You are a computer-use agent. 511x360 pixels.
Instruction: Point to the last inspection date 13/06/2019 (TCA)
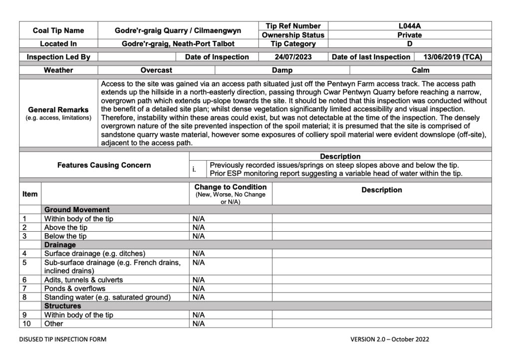click(x=453, y=57)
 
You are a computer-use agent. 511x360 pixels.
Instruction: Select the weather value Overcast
click(x=156, y=70)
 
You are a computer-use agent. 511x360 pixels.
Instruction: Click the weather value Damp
click(x=282, y=70)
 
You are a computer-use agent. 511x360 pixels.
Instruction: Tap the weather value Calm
click(x=420, y=70)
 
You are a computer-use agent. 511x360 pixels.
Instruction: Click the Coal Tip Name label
click(x=58, y=30)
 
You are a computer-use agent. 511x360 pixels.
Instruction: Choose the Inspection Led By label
click(x=58, y=57)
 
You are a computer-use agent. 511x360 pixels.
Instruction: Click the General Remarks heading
click(x=58, y=110)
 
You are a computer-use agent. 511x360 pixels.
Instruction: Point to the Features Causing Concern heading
click(x=104, y=165)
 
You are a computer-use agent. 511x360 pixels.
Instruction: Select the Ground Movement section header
click(x=77, y=210)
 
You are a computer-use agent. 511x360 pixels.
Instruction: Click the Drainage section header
click(x=60, y=245)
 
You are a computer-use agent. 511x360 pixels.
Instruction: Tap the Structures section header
click(x=62, y=306)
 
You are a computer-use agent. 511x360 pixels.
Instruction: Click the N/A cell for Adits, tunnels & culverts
click(x=199, y=280)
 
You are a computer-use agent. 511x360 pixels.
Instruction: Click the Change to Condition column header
click(x=230, y=187)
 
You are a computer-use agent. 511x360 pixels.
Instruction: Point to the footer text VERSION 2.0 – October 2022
click(x=389, y=339)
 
